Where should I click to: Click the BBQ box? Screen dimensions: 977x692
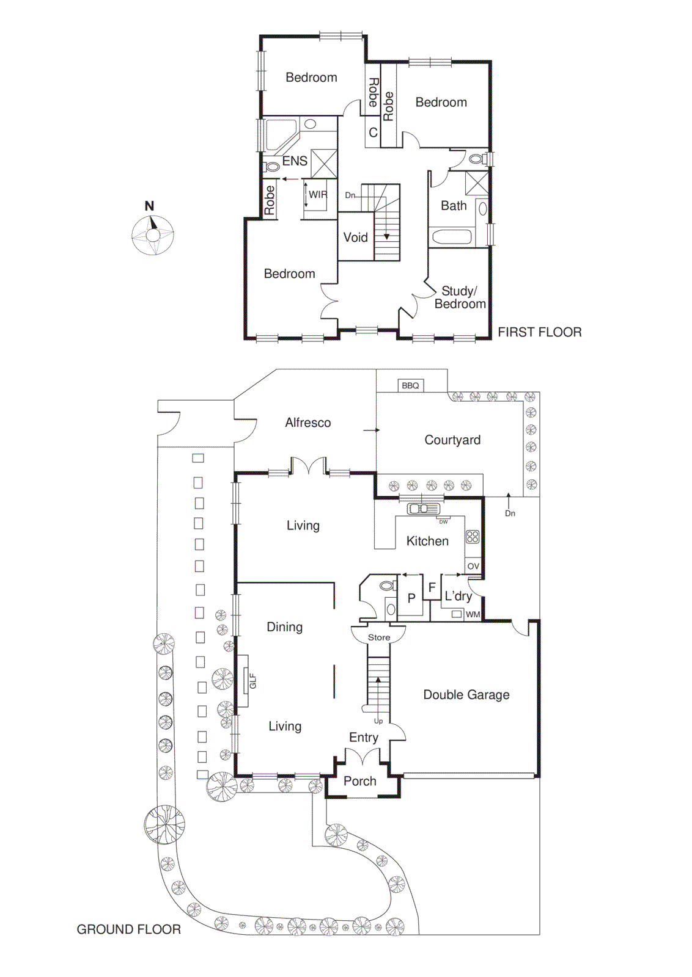[x=410, y=385]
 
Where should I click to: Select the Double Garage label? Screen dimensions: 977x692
[x=466, y=695]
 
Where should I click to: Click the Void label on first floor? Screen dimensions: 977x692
[x=355, y=238]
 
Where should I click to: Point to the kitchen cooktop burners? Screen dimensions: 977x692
[x=473, y=537]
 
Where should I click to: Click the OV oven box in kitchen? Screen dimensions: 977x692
[x=473, y=566]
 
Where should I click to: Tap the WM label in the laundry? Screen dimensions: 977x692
[x=473, y=614]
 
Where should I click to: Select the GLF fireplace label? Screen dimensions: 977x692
[x=252, y=681]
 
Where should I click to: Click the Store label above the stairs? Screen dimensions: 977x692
[x=378, y=637]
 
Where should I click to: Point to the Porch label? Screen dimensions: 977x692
[x=359, y=781]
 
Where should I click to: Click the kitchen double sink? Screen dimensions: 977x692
[x=423, y=508]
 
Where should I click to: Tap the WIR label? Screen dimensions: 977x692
[x=317, y=195]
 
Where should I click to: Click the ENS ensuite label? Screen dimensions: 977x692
[x=295, y=161]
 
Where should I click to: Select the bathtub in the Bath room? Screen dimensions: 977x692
[x=451, y=236]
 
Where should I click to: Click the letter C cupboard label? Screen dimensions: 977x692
[x=373, y=133]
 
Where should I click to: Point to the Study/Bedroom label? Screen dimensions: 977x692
[x=459, y=297]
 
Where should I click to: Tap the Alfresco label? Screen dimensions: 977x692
[x=307, y=423]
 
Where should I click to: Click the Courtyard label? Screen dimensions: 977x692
[x=452, y=440]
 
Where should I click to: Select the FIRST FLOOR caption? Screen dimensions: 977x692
[x=539, y=332]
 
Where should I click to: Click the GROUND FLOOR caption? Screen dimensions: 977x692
[x=128, y=929]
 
